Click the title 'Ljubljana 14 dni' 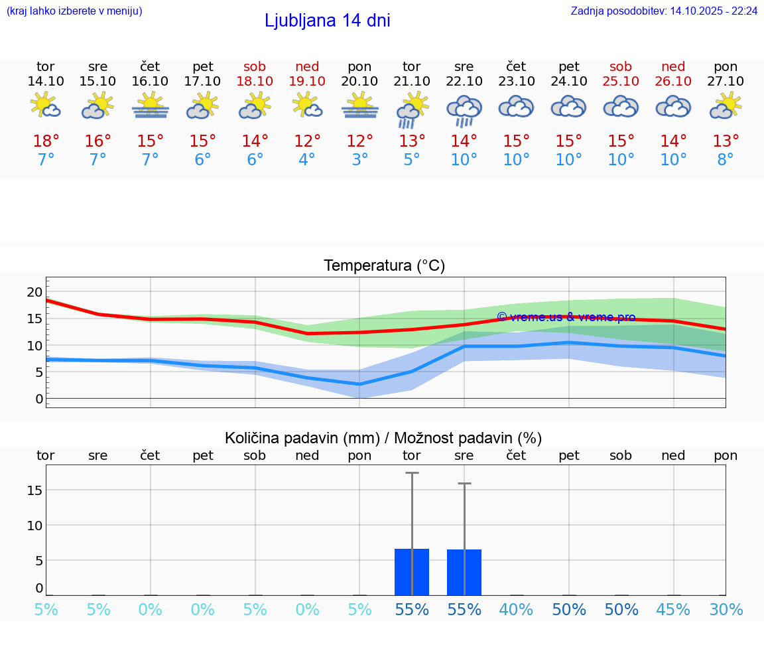[x=327, y=21]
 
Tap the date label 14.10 [x=46, y=82]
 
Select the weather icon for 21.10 [x=412, y=109]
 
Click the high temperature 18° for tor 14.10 [x=46, y=141]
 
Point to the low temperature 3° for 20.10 [x=359, y=160]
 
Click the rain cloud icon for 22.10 [x=464, y=109]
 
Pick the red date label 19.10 [x=307, y=82]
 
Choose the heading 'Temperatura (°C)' [x=384, y=266]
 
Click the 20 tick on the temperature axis [x=34, y=292]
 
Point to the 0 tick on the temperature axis [x=38, y=399]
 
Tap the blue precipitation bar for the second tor [x=412, y=572]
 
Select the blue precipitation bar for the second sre [x=464, y=572]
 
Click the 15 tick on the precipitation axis [x=34, y=490]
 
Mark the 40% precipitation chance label [x=516, y=610]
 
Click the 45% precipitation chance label [x=673, y=610]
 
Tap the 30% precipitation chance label [x=726, y=610]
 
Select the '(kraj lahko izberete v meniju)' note [x=74, y=11]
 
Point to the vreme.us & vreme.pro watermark [x=566, y=317]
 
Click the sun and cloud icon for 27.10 [x=726, y=106]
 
